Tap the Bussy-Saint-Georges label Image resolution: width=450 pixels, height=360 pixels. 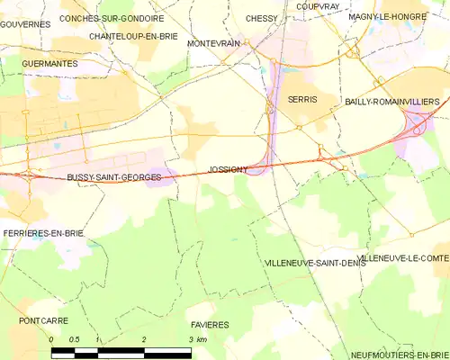point(114,178)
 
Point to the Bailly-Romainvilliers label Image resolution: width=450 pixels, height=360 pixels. point(392,103)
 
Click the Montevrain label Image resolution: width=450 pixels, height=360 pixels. point(212,43)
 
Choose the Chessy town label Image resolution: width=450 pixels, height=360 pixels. point(262,18)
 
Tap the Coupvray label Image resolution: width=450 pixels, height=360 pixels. point(316,5)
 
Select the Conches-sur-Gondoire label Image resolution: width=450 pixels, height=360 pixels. point(112,18)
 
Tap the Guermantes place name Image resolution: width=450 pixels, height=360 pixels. point(49,65)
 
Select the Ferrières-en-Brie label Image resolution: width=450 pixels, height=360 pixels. point(43,233)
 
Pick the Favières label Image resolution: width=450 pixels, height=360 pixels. point(210,324)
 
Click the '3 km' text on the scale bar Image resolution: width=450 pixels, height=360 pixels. point(198,339)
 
